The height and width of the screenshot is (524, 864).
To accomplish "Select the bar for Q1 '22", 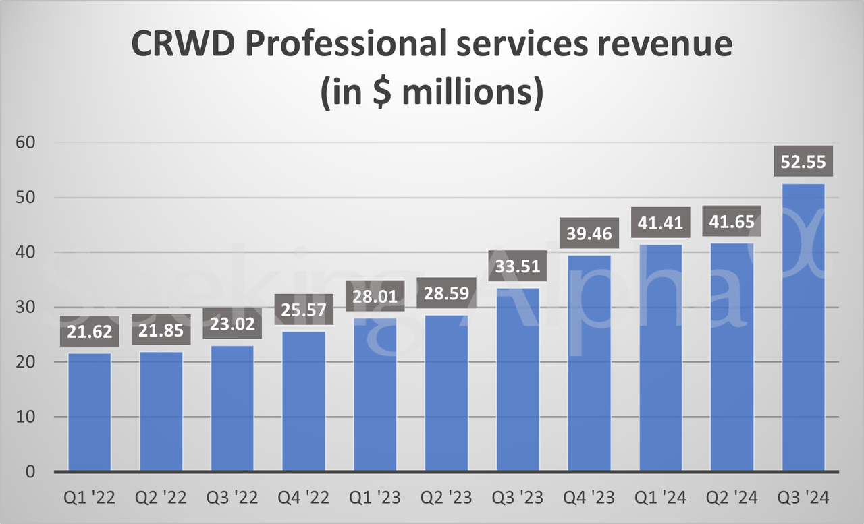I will click(x=90, y=412).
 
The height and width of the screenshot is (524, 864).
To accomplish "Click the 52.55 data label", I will click(x=803, y=162).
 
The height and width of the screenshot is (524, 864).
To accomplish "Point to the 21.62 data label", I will click(x=90, y=332).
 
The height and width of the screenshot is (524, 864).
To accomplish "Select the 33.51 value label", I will click(x=518, y=266).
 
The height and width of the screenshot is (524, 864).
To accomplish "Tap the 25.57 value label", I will click(x=304, y=310).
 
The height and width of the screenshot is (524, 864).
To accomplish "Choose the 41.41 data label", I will click(x=661, y=223).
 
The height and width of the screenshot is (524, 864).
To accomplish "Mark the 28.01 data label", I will click(x=375, y=295).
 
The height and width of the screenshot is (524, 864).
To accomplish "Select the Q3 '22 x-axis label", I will click(x=232, y=498).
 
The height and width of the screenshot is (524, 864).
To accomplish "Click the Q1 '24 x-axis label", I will click(x=661, y=498).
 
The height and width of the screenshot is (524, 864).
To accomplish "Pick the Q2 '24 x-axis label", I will click(x=732, y=498).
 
